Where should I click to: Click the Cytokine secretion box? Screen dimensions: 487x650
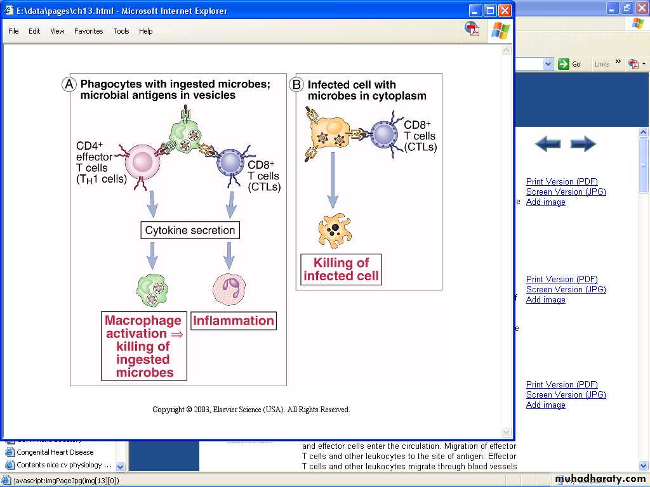coord(190,230)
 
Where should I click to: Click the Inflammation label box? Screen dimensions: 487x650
coord(234,321)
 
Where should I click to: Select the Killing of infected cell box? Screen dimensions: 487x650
coord(341,269)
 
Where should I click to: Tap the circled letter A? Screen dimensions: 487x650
coord(69,84)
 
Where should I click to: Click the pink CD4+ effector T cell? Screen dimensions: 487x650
coord(145,162)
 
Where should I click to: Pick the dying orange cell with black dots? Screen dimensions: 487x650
coord(335,231)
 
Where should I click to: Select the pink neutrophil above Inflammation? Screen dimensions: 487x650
coord(229,290)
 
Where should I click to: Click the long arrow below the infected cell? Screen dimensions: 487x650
coord(333,181)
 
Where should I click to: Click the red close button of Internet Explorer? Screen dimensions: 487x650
coord(505,10)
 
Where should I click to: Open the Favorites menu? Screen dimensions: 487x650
coord(88,31)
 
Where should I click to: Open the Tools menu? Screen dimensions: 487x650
coord(121,31)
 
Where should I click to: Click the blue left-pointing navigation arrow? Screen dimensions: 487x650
coord(547,144)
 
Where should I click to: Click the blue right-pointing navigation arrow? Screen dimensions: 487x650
coord(583,144)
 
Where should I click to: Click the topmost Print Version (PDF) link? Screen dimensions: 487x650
coord(562,182)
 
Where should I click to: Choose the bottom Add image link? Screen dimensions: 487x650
coord(545,405)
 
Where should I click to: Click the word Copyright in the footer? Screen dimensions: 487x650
coord(168,410)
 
